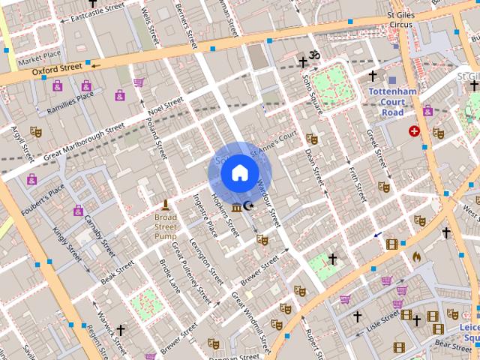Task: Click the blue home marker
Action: point(239,173)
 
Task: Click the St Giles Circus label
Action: point(400,19)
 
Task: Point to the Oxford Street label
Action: point(56,68)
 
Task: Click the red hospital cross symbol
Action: point(414,131)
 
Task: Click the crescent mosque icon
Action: point(248,205)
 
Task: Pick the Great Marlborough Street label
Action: point(84,142)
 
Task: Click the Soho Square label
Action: point(312,93)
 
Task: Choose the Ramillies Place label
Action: point(71,95)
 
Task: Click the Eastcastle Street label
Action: point(96,12)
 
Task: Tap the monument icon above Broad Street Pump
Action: point(165,205)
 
